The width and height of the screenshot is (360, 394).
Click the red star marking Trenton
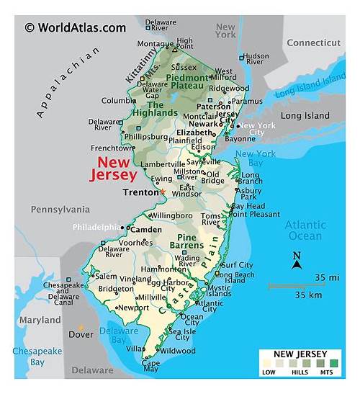tap(162, 192)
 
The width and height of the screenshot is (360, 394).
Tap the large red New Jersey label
tap(113, 169)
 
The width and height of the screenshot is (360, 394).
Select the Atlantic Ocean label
tap(305, 230)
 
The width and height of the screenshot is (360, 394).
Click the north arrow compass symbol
tap(296, 261)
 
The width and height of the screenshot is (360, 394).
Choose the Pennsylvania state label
tap(60, 210)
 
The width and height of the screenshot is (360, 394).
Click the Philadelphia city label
tap(96, 228)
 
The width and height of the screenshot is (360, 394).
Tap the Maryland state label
tap(40, 320)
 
